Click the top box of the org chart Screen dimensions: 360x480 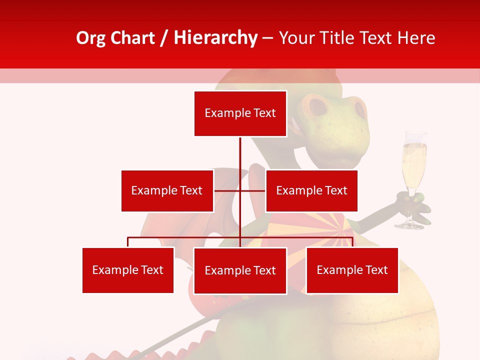click(x=240, y=113)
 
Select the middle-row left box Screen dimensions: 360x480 click(x=167, y=190)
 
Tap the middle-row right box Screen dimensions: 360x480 click(x=311, y=190)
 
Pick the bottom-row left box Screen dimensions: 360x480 click(x=128, y=270)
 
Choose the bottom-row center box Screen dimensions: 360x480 click(x=240, y=270)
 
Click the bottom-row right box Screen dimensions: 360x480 click(x=352, y=270)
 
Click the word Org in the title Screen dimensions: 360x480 click(x=90, y=38)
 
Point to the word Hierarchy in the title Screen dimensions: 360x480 click(x=215, y=38)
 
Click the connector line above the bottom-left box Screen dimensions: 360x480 click(x=128, y=242)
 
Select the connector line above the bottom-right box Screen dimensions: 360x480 click(x=352, y=242)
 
